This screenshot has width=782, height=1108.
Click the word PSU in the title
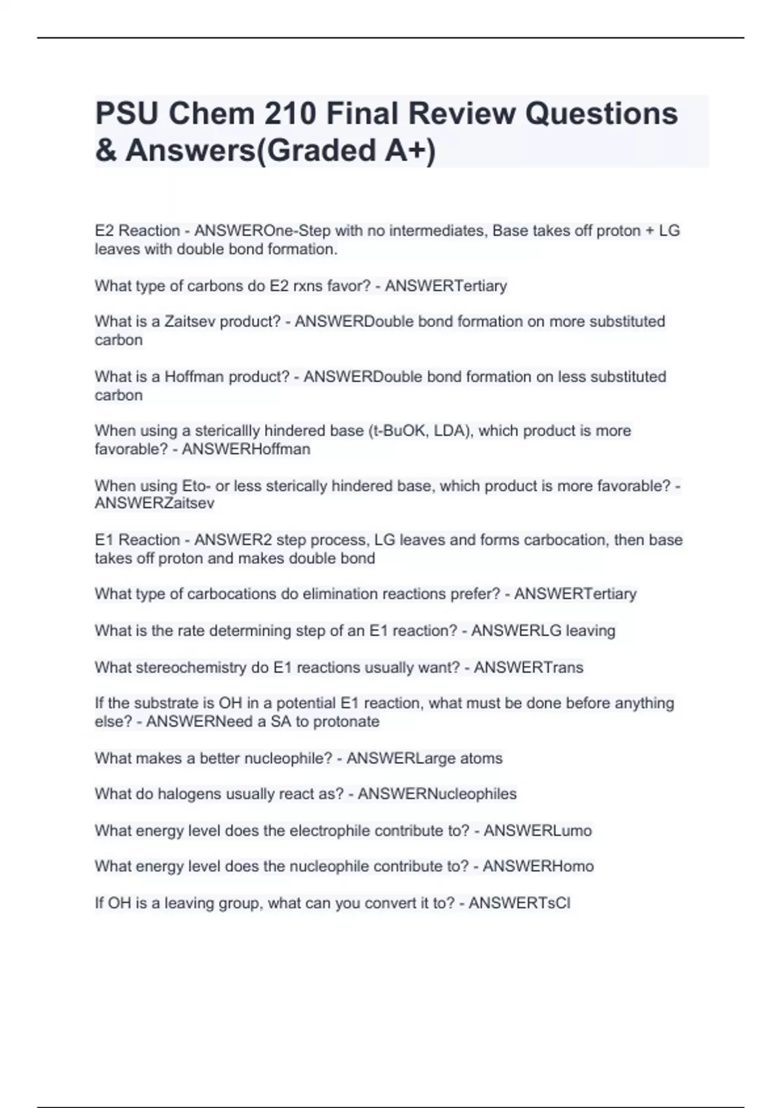pos(127,114)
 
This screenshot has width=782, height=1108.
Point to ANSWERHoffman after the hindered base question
pos(246,449)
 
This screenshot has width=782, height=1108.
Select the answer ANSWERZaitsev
pos(154,503)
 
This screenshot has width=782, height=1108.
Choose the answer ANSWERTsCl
pos(519,903)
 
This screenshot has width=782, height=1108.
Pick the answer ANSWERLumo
pos(538,831)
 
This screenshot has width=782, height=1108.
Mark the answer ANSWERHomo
pos(538,867)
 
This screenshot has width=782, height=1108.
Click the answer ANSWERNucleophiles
pos(437,794)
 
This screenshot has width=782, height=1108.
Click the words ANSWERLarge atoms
pos(424,759)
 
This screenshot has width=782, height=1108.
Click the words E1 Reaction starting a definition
pos(137,540)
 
